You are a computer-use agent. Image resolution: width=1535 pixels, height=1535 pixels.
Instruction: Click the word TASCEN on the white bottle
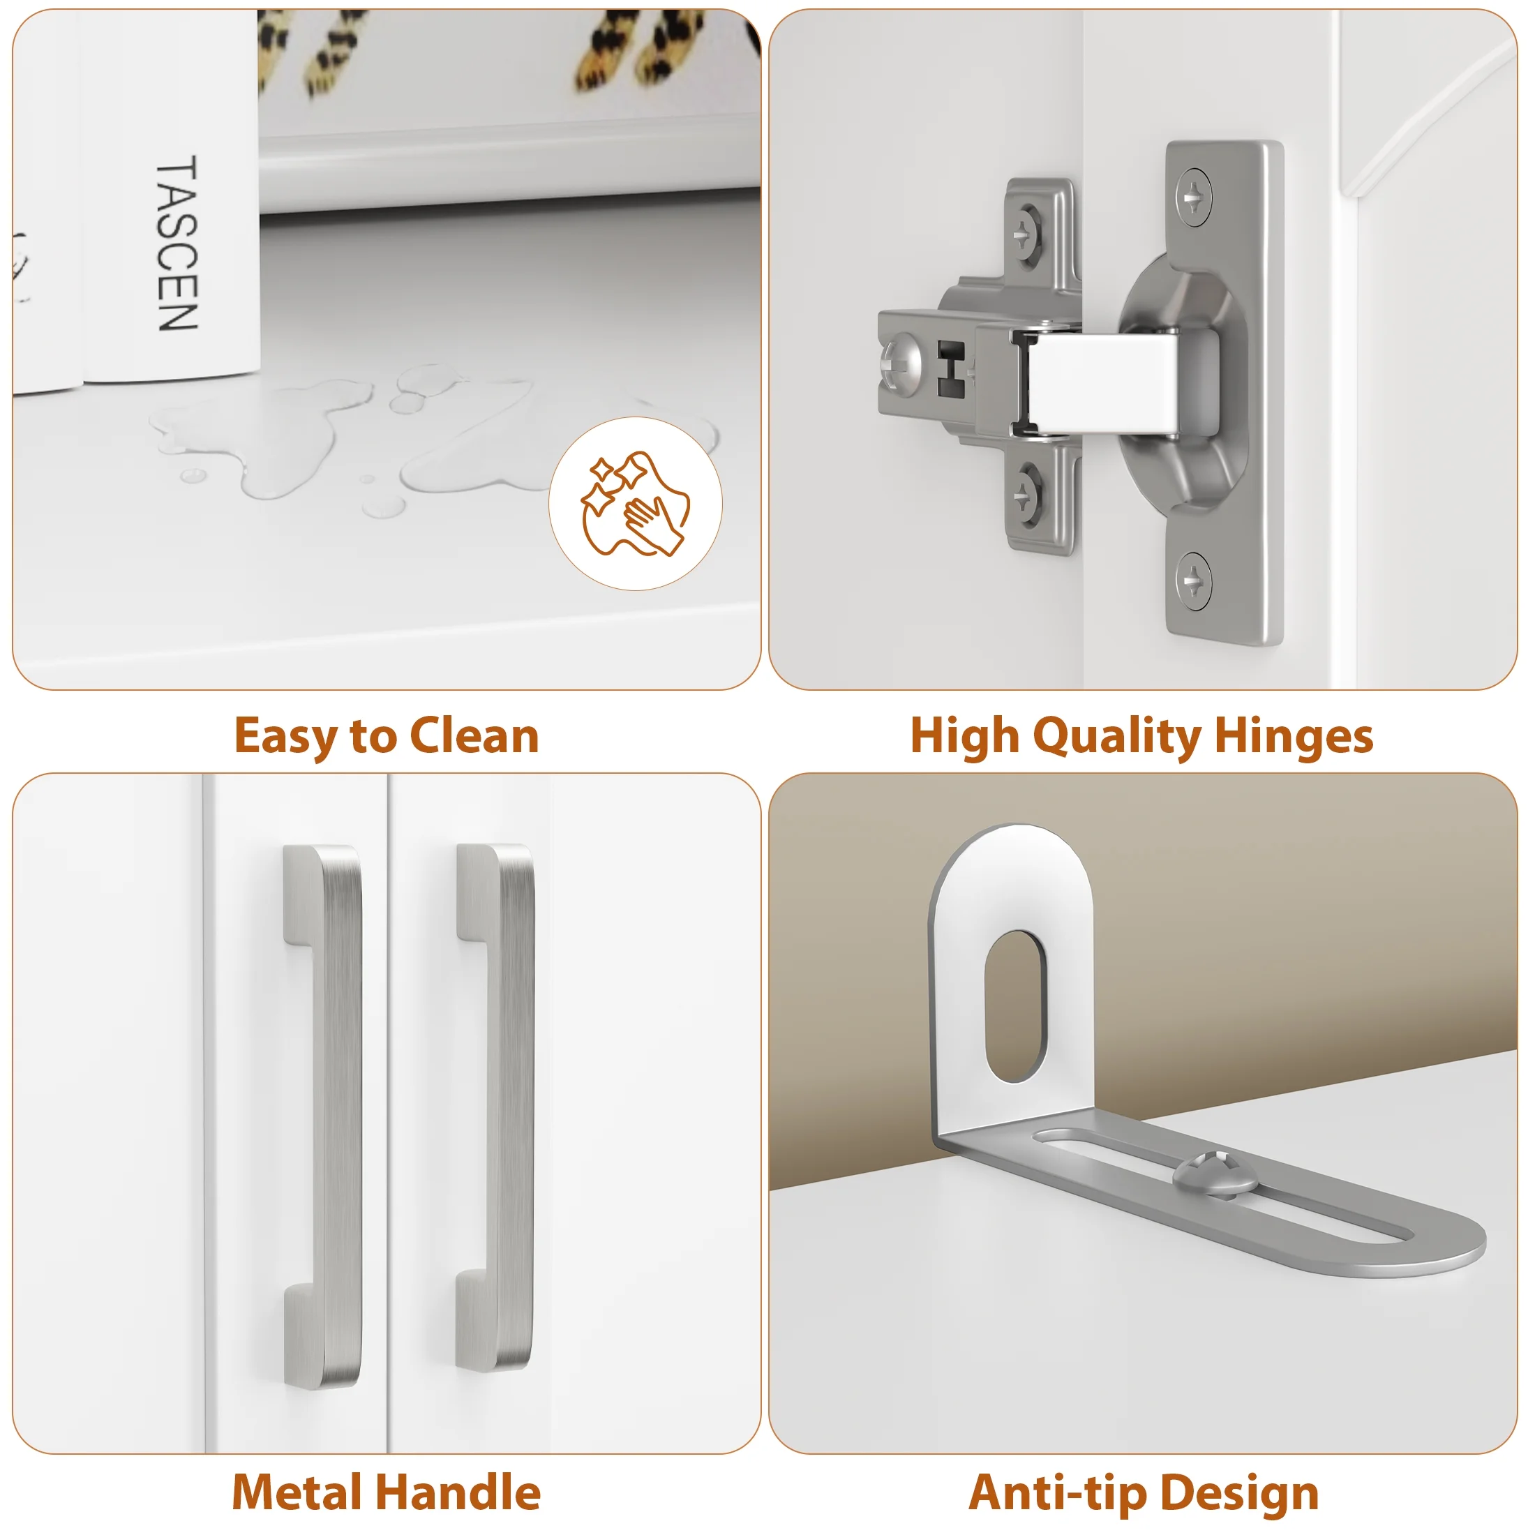tap(177, 243)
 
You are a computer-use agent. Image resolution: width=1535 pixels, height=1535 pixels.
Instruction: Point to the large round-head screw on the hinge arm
tap(901, 366)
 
